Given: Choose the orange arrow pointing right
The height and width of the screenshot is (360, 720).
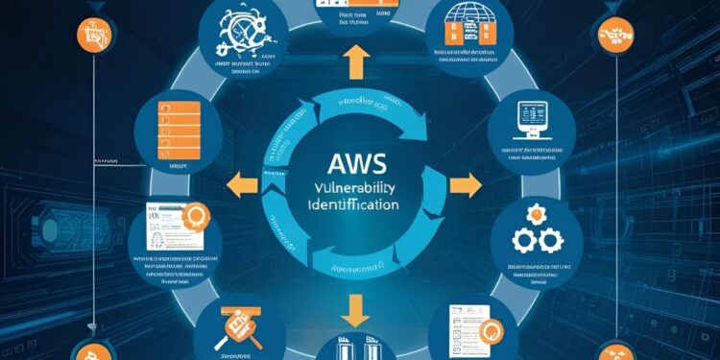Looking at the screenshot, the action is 468,183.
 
